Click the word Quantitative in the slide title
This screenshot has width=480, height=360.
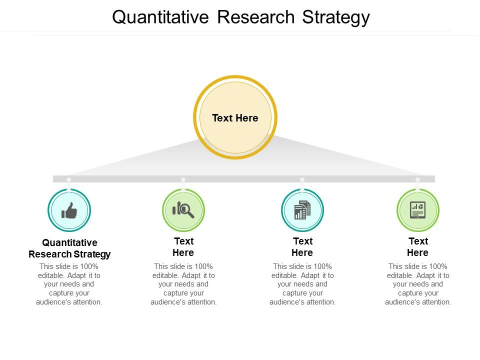(x=160, y=17)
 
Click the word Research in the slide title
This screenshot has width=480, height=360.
(x=255, y=17)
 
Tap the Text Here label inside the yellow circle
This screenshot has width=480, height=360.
(x=235, y=118)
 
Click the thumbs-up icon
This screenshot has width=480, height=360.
(x=69, y=210)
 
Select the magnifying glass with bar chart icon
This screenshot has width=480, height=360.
(x=183, y=209)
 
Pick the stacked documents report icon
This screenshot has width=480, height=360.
(x=302, y=210)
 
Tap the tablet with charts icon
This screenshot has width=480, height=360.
(x=418, y=210)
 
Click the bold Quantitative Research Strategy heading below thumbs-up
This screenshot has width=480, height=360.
(x=69, y=248)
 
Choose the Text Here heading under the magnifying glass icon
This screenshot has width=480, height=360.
(x=183, y=246)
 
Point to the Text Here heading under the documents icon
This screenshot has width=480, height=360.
(x=302, y=246)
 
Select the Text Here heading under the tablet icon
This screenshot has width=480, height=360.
(x=418, y=246)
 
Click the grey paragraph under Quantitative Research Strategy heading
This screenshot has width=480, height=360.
(x=69, y=284)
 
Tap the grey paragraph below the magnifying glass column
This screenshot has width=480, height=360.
(x=183, y=284)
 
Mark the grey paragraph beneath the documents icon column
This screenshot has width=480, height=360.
(x=302, y=284)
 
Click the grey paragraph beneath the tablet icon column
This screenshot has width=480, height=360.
(x=418, y=284)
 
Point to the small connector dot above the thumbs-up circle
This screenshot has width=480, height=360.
(x=69, y=179)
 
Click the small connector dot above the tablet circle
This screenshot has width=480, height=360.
(x=418, y=179)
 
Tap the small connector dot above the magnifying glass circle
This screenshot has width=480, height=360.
(x=183, y=179)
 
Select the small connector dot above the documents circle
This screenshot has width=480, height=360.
(x=302, y=179)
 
